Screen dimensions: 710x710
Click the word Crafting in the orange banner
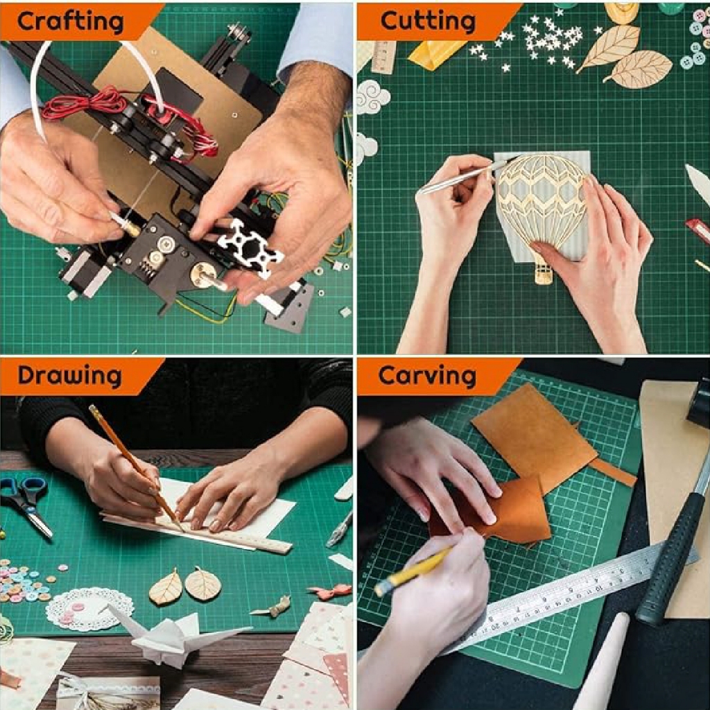coord(70,21)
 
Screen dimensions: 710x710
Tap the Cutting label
coord(428,21)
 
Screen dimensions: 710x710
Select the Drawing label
coord(70,376)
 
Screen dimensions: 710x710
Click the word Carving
coord(427,376)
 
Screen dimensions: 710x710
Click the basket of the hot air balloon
coord(544,272)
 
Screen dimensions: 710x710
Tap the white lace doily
coord(89,609)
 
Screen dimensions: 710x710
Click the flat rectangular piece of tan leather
coord(535,437)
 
